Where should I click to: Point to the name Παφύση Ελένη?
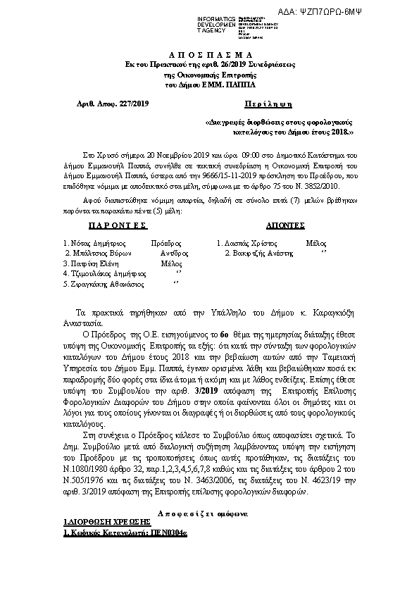click(87, 262)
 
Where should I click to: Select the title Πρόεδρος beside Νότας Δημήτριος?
click(168, 242)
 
